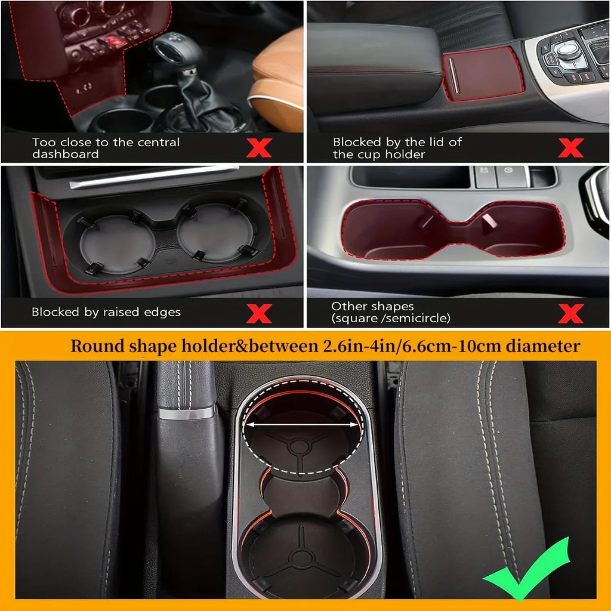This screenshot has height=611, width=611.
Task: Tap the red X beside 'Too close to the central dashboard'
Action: point(258,147)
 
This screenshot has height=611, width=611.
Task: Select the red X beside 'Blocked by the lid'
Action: point(570,147)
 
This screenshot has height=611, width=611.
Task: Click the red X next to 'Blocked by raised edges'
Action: point(258,313)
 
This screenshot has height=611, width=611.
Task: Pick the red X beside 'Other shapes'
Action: point(570,313)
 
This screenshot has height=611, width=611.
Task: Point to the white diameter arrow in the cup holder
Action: point(304,425)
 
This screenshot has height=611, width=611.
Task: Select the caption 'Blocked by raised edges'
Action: point(106,312)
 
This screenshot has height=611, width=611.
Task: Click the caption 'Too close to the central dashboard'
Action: point(106,148)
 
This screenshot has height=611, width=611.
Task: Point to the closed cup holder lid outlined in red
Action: point(483,73)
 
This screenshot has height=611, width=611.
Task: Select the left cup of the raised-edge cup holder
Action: point(117,243)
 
